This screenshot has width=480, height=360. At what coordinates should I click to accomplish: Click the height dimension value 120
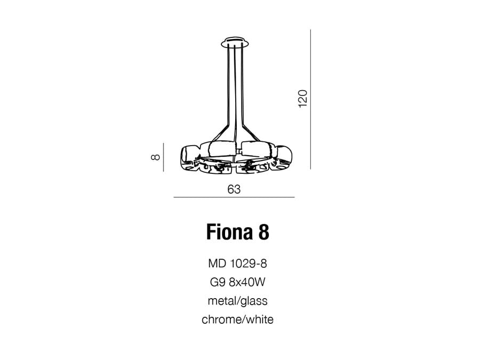pyautogui.click(x=302, y=99)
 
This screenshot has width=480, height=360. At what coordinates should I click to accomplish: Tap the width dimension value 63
pyautogui.click(x=234, y=189)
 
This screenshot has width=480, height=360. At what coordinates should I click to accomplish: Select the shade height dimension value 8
pyautogui.click(x=156, y=157)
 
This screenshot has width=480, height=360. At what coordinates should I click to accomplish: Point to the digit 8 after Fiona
pyautogui.click(x=264, y=232)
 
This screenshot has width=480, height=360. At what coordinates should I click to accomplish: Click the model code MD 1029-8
pyautogui.click(x=237, y=263)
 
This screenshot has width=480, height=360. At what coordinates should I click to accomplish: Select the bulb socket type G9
pyautogui.click(x=218, y=282)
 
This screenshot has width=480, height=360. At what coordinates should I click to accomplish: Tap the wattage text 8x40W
pyautogui.click(x=247, y=282)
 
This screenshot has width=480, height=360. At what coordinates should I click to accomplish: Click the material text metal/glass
pyautogui.click(x=237, y=301)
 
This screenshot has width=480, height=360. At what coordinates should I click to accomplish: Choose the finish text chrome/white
pyautogui.click(x=237, y=319)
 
